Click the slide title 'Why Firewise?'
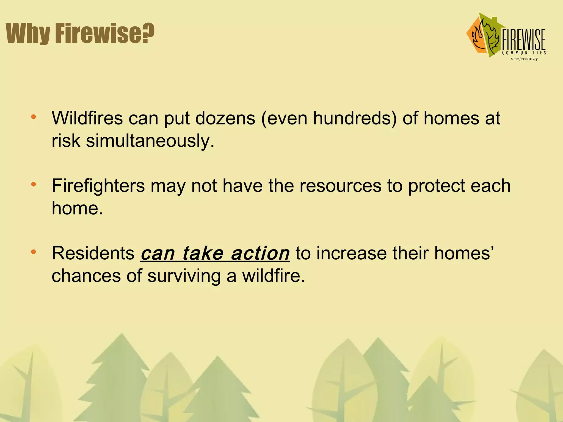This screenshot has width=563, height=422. pyautogui.click(x=80, y=33)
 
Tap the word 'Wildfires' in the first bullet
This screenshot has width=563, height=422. pyautogui.click(x=87, y=118)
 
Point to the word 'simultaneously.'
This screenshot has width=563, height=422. pyautogui.click(x=150, y=141)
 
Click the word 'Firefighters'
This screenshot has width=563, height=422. pyautogui.click(x=98, y=186)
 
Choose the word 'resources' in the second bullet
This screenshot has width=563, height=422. pyautogui.click(x=340, y=186)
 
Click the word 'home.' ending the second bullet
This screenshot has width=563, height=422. pyautogui.click(x=77, y=208)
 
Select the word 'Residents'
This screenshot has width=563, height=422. pyautogui.click(x=93, y=253)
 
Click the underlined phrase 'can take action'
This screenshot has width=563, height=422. pyautogui.click(x=215, y=254)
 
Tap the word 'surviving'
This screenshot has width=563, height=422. pyautogui.click(x=184, y=276)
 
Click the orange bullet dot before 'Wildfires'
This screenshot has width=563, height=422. pyautogui.click(x=34, y=117)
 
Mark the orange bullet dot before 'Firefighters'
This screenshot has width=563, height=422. pyautogui.click(x=34, y=184)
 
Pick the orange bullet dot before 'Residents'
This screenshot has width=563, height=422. pyautogui.click(x=34, y=252)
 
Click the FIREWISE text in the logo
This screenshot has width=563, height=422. pyautogui.click(x=524, y=40)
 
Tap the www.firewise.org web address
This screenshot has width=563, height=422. pyautogui.click(x=524, y=59)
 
